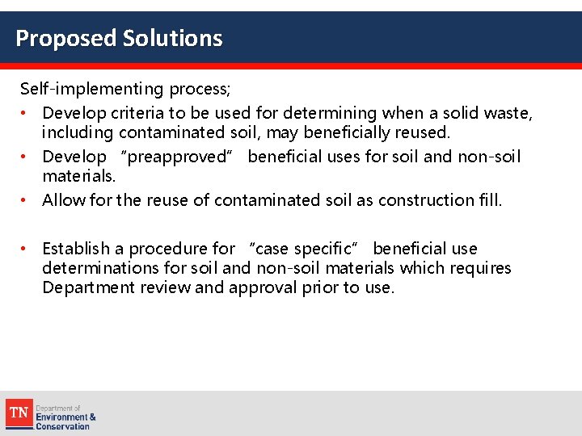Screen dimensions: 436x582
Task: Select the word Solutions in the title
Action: pyautogui.click(x=172, y=38)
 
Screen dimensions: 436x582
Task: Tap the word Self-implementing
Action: pyautogui.click(x=91, y=87)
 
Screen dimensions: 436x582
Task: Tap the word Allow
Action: pyautogui.click(x=61, y=200)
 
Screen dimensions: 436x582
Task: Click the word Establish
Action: pyautogui.click(x=77, y=249)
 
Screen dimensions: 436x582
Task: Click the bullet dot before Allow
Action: pyautogui.click(x=25, y=200)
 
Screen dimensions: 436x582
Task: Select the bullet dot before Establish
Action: pyautogui.click(x=25, y=249)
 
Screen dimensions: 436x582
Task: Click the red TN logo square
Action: pyautogui.click(x=19, y=413)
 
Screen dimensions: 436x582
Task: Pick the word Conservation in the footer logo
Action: pyautogui.click(x=62, y=426)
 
